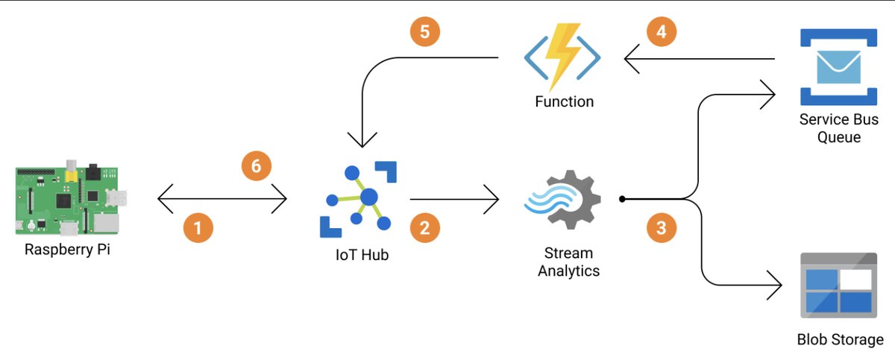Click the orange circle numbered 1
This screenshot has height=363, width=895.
pos(198,227)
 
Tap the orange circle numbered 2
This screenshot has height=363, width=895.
pos(424,227)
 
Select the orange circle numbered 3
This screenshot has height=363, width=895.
pos(662,227)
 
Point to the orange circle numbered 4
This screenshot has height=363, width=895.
pos(662,31)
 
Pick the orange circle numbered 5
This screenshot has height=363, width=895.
pos(425,31)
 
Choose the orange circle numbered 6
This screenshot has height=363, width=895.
pos(257,165)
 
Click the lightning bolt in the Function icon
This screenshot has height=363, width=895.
pos(564,58)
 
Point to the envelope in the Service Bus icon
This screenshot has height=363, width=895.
pos(838,67)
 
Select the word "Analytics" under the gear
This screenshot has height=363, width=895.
pos(568,271)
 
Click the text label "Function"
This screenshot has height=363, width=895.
pos(565,101)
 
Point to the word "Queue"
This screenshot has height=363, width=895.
pos(839,137)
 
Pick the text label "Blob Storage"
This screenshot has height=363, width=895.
pos(840,340)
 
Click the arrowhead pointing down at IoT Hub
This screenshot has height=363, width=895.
pos(362,139)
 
